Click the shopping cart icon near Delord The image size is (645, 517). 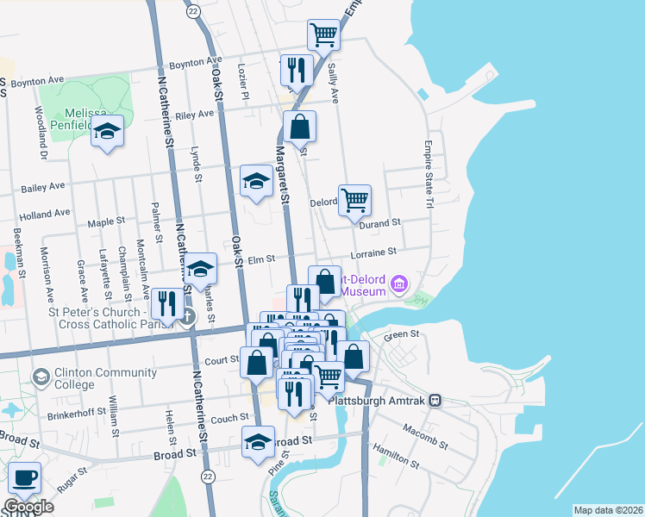355,201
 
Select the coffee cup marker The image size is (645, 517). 23,478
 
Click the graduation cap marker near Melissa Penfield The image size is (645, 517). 107,132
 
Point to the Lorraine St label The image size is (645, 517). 373,252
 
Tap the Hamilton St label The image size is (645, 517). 396,457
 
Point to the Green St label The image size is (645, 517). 401,334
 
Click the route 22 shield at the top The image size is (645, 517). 192,10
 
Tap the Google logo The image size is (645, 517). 28,507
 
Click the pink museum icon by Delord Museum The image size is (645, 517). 398,283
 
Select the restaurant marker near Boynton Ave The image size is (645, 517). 297,72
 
